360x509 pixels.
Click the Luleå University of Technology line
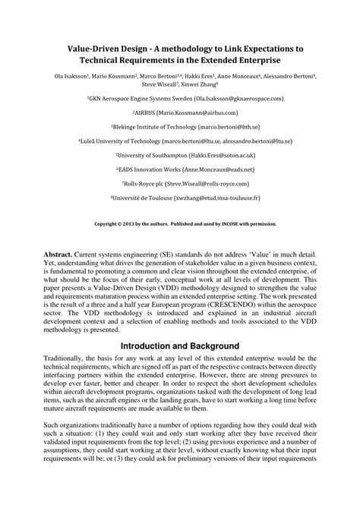[180, 141]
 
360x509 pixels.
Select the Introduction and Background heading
[180, 346]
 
